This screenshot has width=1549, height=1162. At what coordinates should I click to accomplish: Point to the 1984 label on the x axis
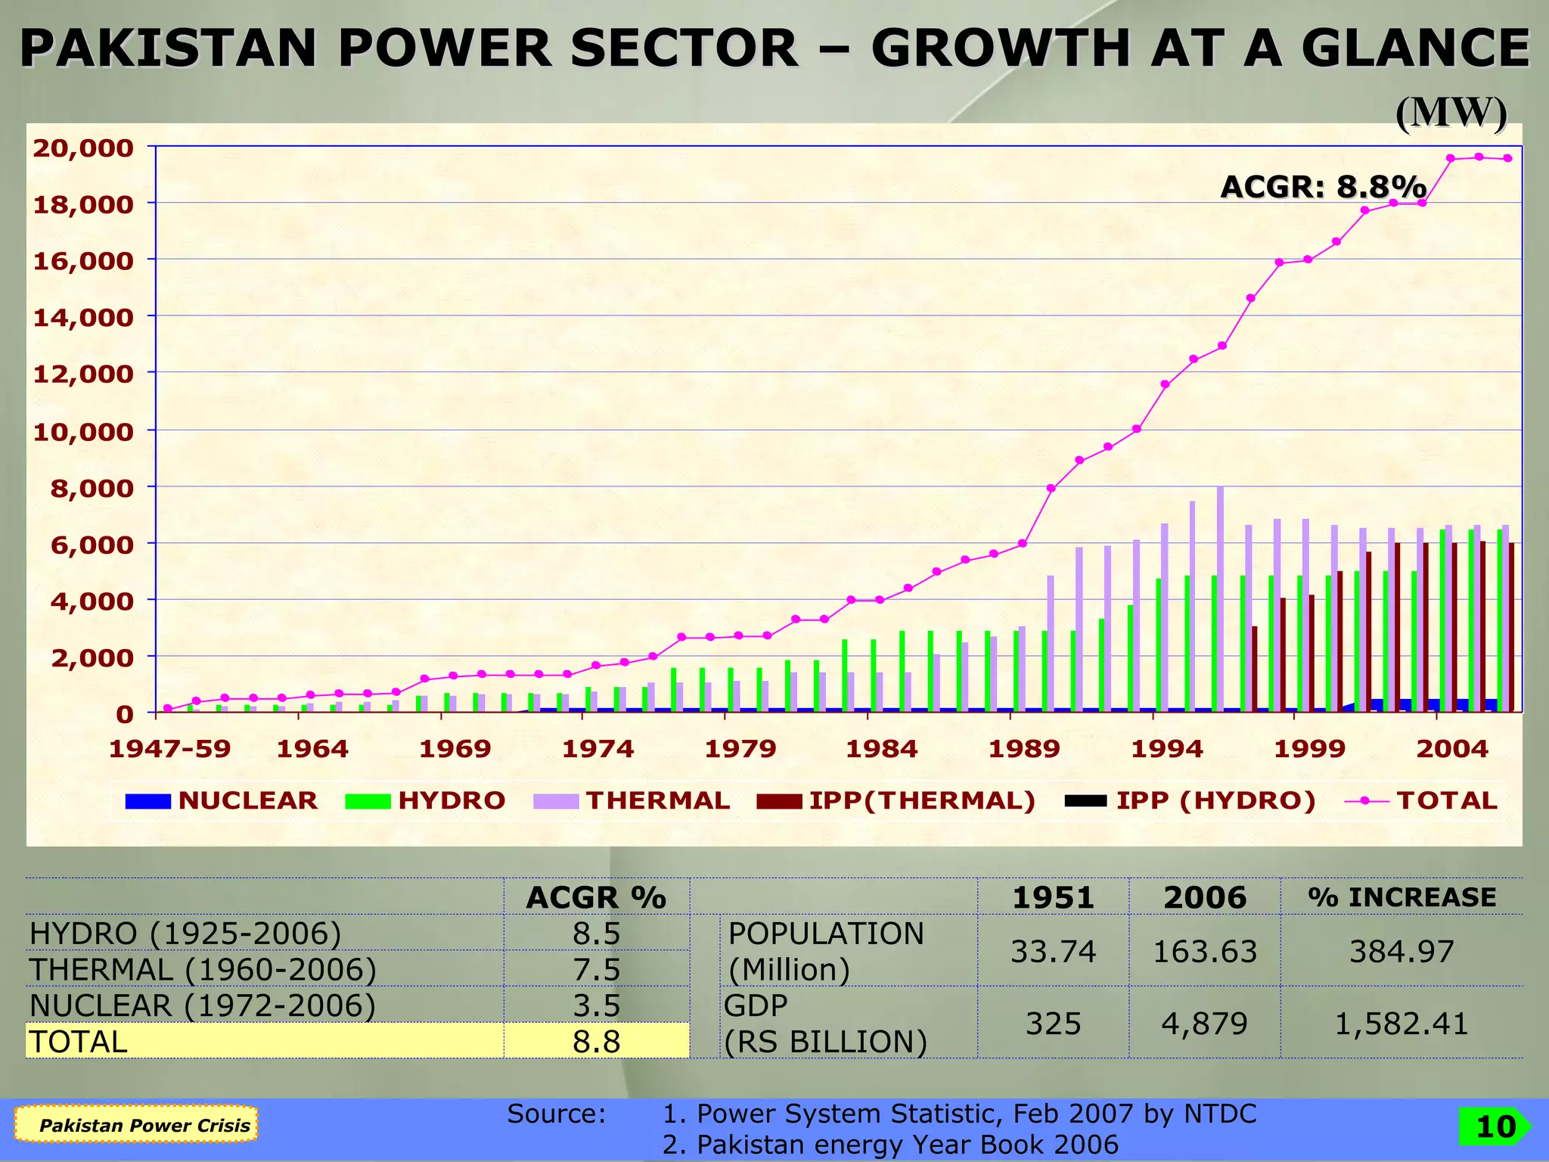point(881,749)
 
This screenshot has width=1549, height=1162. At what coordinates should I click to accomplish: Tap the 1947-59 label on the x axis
point(169,749)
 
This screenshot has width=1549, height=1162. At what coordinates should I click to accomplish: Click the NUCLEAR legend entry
point(222,800)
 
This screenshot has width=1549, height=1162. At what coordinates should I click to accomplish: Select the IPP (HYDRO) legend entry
point(1190,800)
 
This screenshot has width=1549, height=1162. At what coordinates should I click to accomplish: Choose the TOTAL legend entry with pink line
point(1422,800)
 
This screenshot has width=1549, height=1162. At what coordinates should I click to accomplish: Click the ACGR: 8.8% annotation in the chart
point(1323,186)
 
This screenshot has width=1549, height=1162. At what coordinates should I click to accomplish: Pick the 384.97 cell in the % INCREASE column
point(1402,951)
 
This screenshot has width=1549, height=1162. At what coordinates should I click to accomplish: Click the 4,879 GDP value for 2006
point(1204,1024)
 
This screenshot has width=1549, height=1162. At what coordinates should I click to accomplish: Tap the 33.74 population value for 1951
point(1053,951)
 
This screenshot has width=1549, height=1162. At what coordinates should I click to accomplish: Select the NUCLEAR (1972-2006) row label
point(202,1005)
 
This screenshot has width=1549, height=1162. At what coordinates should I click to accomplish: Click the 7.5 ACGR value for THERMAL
point(596,969)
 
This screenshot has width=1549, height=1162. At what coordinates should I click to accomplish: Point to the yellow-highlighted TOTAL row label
point(79,1042)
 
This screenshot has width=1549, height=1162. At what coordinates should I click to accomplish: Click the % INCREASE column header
point(1402,897)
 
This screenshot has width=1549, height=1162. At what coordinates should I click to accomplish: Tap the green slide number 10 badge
point(1495,1126)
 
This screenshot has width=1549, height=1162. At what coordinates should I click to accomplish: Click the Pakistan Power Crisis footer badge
point(144,1125)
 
